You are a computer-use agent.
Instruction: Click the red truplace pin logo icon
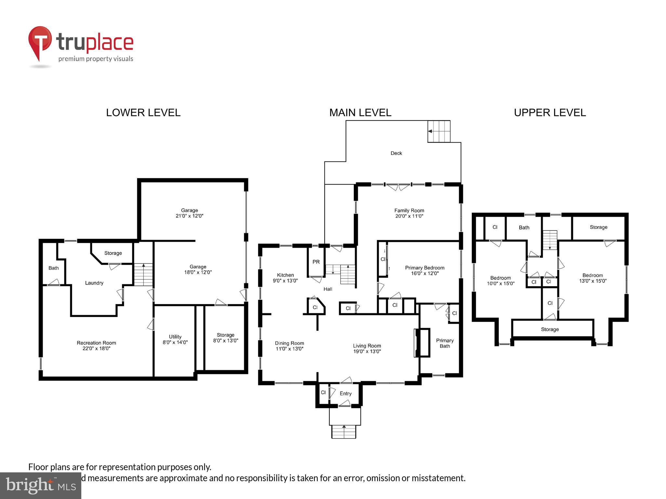[40, 42]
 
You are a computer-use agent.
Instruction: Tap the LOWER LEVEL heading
[143, 113]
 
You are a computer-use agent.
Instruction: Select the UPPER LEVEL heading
[550, 113]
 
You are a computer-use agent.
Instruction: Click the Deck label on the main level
[396, 153]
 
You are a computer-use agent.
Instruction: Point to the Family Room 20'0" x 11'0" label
[409, 213]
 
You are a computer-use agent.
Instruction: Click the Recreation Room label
[96, 345]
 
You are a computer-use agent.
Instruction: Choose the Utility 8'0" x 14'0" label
[175, 339]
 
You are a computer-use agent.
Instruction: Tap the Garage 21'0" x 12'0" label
[189, 213]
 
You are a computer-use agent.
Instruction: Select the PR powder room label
[316, 262]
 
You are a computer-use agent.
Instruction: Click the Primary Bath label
[445, 343]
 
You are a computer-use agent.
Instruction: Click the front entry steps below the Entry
[344, 431]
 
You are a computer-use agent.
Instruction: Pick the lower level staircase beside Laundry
[143, 275]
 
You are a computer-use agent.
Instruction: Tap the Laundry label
[94, 283]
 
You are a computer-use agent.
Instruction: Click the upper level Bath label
[524, 227]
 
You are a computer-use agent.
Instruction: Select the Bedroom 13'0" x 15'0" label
[593, 278]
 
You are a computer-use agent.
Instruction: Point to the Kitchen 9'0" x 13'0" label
[285, 278]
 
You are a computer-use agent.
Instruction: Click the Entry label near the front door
[345, 393]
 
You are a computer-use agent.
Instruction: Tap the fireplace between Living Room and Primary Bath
[421, 343]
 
